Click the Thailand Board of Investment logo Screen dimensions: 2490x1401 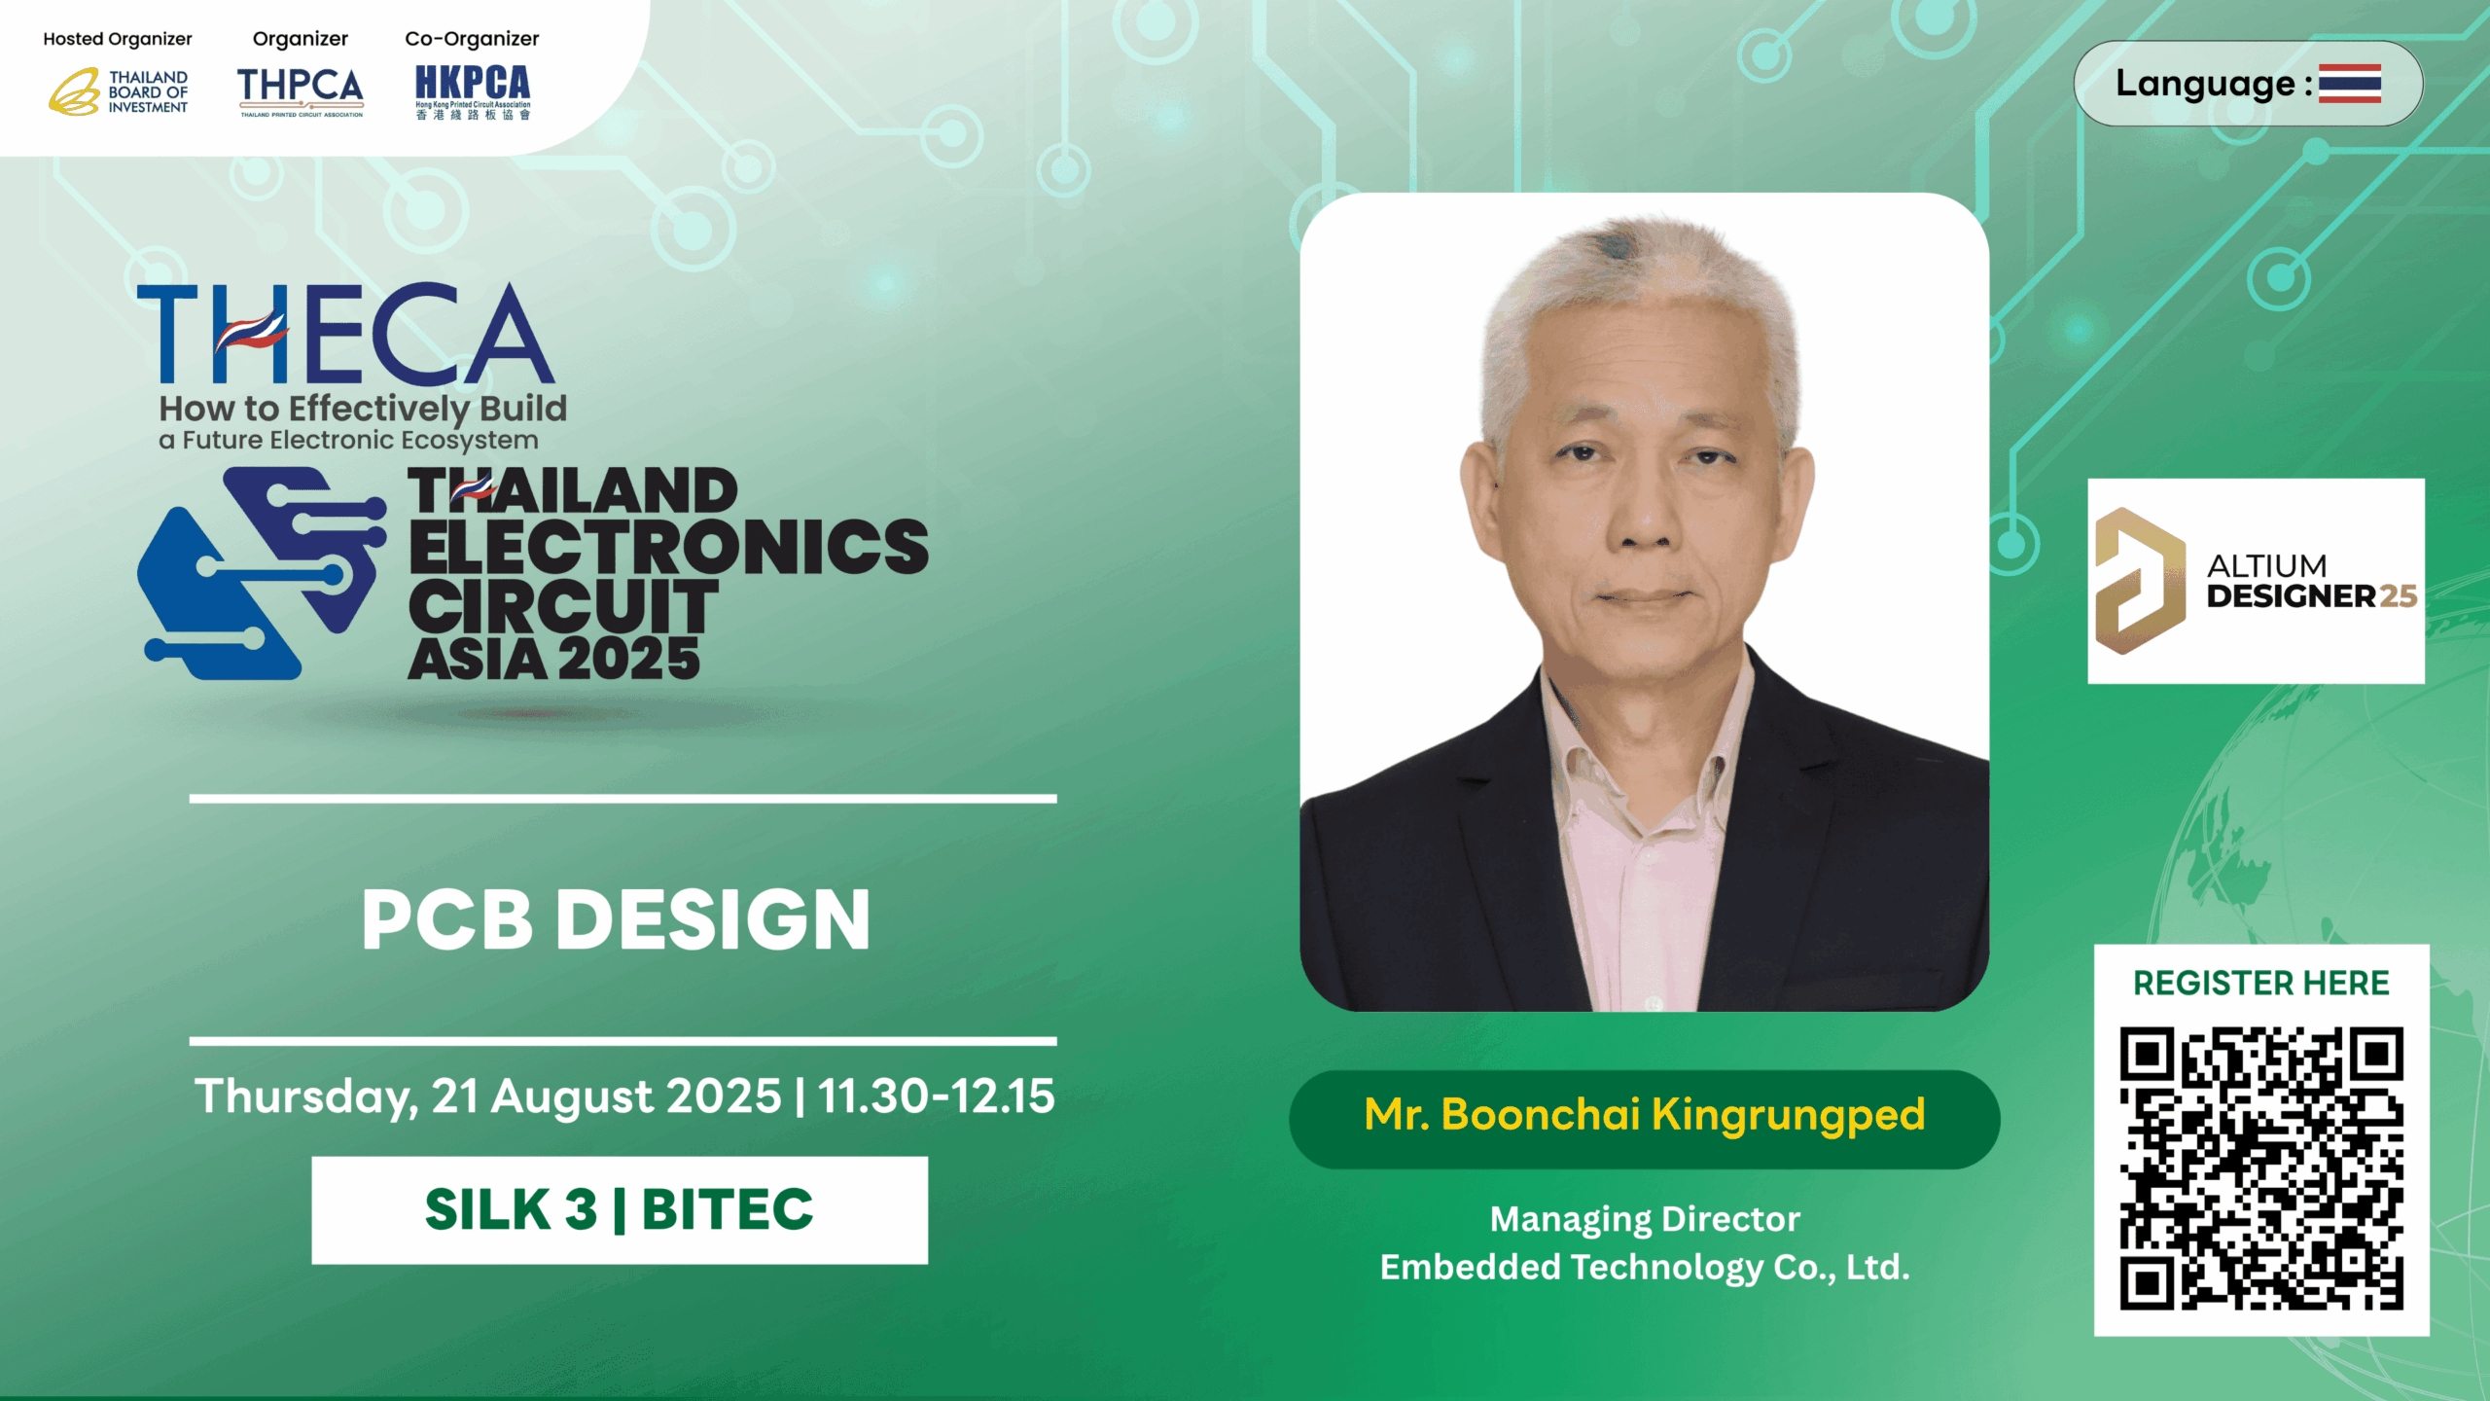tap(119, 91)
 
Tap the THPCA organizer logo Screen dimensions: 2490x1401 tap(301, 91)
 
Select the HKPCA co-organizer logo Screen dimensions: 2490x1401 tap(473, 92)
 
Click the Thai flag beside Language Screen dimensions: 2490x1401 tap(2349, 84)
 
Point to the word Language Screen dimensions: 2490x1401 tap(2205, 85)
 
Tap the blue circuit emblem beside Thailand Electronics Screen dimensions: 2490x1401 tap(263, 573)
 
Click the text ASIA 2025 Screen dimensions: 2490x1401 tap(553, 658)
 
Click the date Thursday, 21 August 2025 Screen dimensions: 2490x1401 tap(488, 1096)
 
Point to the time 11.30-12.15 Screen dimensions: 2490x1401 tap(936, 1096)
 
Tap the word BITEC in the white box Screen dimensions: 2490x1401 tap(728, 1209)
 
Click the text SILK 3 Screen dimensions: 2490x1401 tap(511, 1209)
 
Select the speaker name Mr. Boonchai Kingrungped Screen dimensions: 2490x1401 tap(1645, 1115)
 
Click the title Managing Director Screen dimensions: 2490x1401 tap(1645, 1220)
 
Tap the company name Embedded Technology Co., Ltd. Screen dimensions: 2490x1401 tap(1645, 1268)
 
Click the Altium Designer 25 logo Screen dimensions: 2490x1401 tap(2256, 581)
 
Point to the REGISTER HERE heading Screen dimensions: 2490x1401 tap(2261, 983)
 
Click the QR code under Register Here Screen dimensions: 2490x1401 tap(2261, 1168)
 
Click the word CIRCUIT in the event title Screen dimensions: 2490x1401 tap(563, 605)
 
